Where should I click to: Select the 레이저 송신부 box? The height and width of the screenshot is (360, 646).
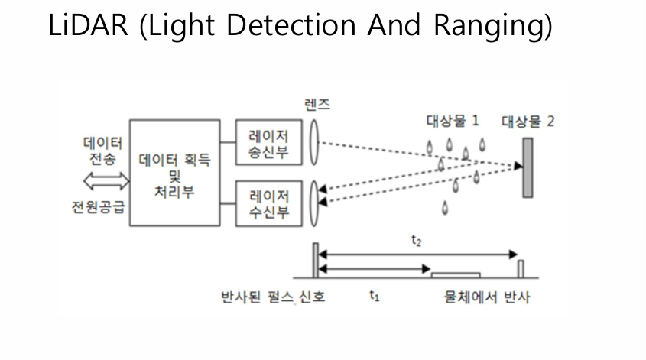click(x=268, y=142)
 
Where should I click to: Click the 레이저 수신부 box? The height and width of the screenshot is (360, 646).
click(x=268, y=203)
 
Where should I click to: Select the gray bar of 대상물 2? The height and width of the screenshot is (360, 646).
click(x=528, y=167)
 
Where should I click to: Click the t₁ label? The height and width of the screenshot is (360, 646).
click(x=374, y=297)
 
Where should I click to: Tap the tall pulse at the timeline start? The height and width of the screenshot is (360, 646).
click(x=314, y=260)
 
